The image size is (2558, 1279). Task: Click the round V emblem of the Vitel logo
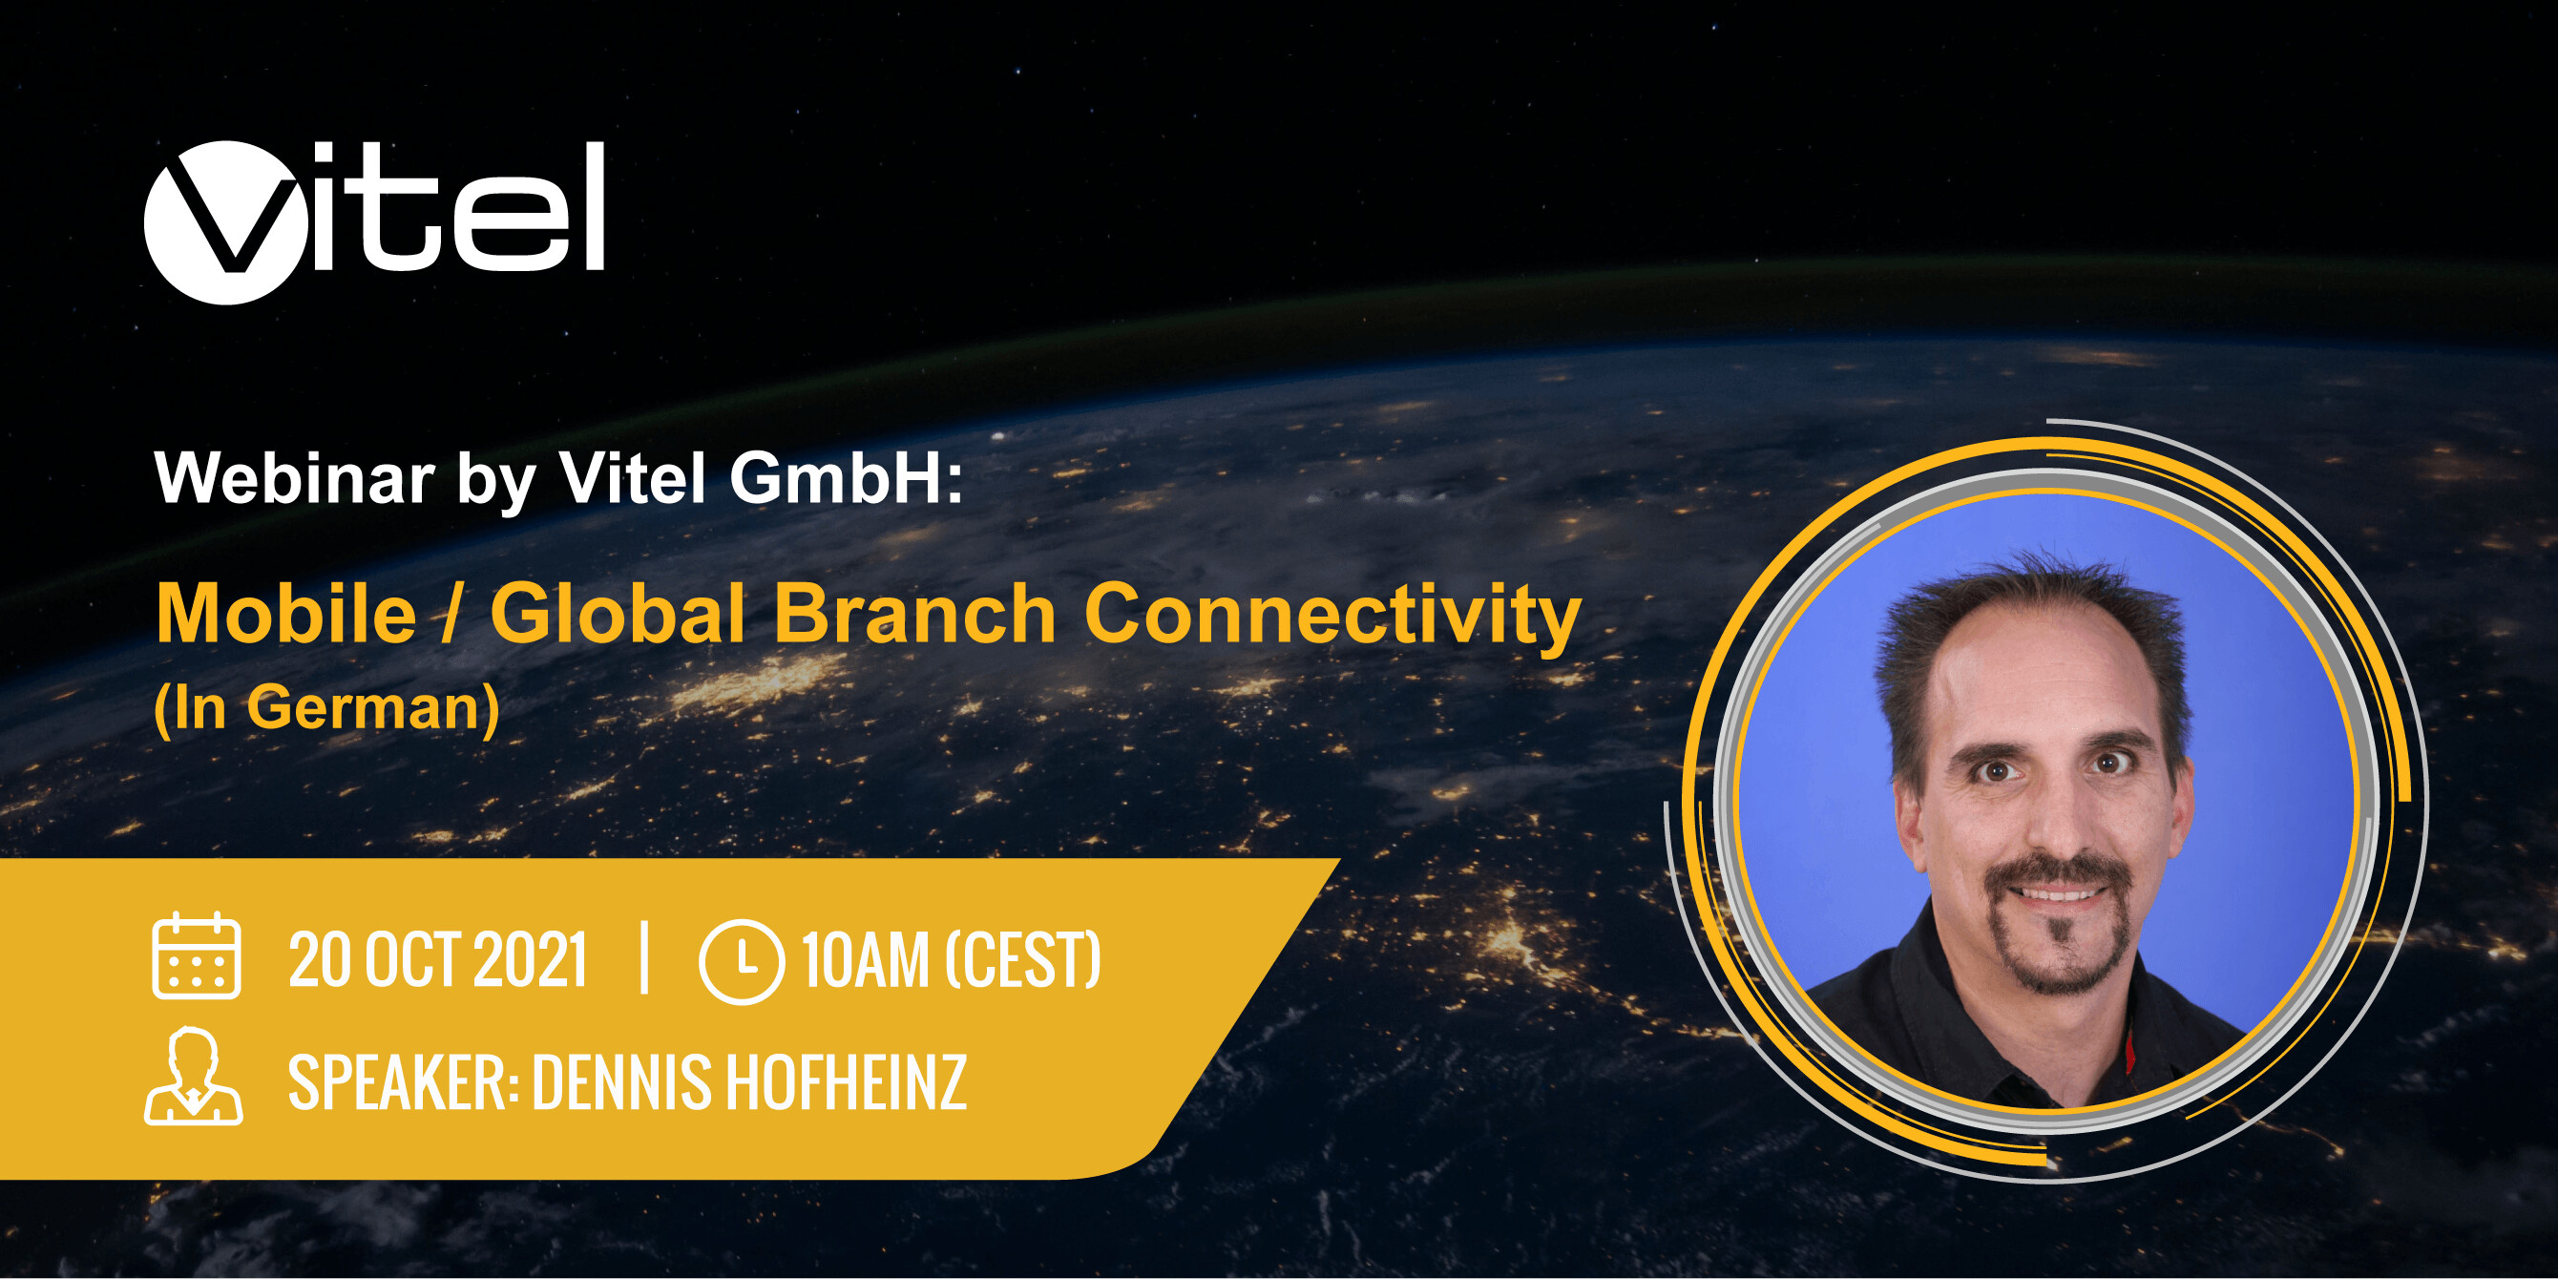pyautogui.click(x=225, y=222)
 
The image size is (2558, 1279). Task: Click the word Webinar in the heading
pyautogui.click(x=295, y=478)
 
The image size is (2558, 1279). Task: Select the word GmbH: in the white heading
pyautogui.click(x=846, y=478)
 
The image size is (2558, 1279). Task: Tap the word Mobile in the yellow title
pyautogui.click(x=286, y=614)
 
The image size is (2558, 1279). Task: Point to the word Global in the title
pyautogui.click(x=618, y=614)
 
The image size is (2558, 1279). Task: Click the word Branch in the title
pyautogui.click(x=914, y=614)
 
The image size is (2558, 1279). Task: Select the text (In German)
pyautogui.click(x=326, y=709)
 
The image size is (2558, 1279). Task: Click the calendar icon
pyautogui.click(x=196, y=955)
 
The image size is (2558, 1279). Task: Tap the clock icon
pyautogui.click(x=741, y=961)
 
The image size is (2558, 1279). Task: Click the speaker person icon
pyautogui.click(x=194, y=1078)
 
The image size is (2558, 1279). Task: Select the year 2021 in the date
pyautogui.click(x=531, y=961)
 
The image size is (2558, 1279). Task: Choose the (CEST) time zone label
pyautogui.click(x=1024, y=961)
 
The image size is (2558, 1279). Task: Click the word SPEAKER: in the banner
pyautogui.click(x=403, y=1082)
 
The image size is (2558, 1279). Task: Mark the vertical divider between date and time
pyautogui.click(x=644, y=958)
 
